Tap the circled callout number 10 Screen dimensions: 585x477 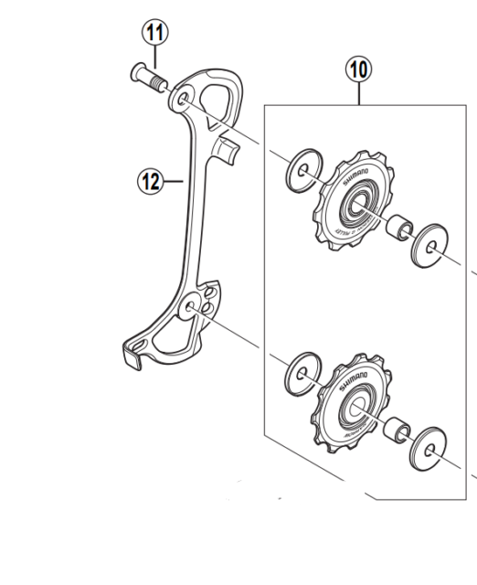pyautogui.click(x=360, y=68)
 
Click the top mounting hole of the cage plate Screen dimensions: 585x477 pyautogui.click(x=185, y=96)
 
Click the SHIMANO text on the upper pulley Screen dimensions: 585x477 pyautogui.click(x=356, y=176)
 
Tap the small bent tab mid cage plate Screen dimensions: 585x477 pyautogui.click(x=228, y=149)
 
